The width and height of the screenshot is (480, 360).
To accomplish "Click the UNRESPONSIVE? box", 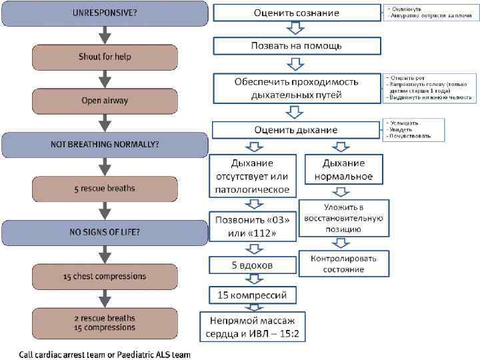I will click(105, 13).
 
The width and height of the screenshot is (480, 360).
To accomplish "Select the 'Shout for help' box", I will click(105, 57).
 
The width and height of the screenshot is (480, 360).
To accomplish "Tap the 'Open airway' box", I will click(105, 101).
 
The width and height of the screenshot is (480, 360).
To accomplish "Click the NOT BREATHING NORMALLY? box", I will click(105, 144).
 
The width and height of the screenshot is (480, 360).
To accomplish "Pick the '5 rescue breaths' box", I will click(105, 188).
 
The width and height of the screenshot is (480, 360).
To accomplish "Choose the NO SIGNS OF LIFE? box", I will click(105, 232).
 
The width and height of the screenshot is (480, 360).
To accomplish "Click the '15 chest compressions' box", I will click(105, 275).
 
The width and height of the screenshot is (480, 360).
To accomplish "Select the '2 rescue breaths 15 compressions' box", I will click(105, 322).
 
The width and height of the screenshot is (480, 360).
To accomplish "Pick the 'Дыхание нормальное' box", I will click(343, 170).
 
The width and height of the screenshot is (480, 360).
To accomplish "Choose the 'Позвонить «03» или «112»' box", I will click(252, 227).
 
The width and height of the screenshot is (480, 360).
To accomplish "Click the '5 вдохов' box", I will click(252, 265).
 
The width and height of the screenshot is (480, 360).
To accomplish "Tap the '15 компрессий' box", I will click(252, 293).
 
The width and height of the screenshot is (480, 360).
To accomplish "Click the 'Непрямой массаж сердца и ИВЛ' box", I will click(252, 326).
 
